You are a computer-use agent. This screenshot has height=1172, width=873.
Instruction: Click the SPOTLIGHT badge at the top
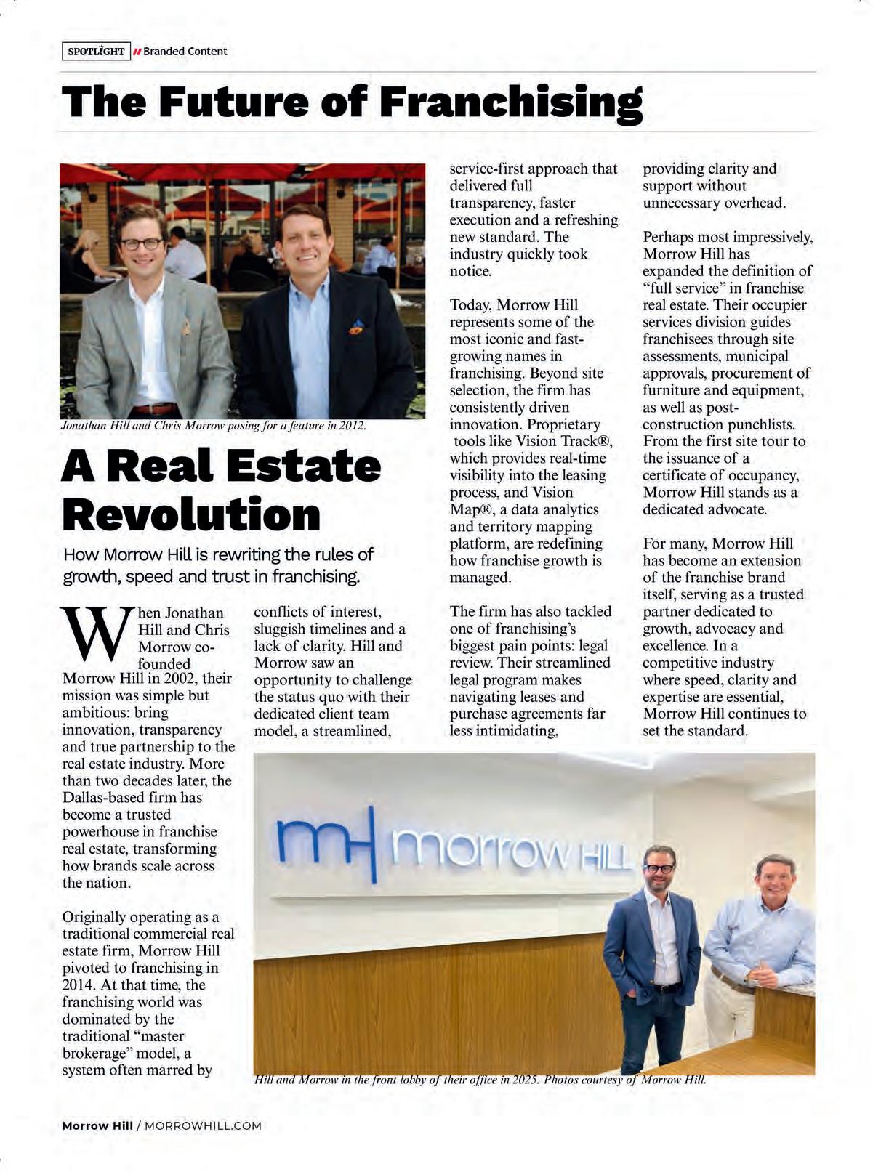coord(96,52)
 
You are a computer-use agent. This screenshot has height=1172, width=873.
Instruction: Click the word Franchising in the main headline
coord(511,102)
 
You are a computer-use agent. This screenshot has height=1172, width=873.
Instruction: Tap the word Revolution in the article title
coord(191,514)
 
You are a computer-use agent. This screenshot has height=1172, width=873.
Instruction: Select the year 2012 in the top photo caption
coord(352,426)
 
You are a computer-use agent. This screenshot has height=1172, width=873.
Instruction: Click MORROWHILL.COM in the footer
coord(203,1125)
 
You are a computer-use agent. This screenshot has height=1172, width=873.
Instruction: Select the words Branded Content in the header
coord(185,52)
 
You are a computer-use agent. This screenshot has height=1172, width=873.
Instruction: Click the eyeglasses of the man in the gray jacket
coord(142,244)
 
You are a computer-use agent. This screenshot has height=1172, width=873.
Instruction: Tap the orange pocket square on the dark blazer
coord(356,328)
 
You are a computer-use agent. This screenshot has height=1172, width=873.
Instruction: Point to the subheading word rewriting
coord(245,555)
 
